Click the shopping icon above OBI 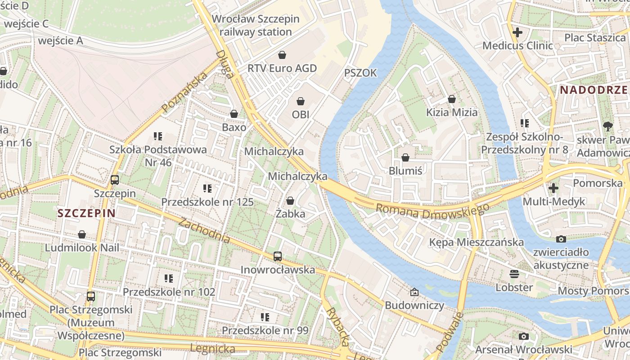point(301,101)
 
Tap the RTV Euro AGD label point(282,68)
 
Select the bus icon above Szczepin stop point(115,180)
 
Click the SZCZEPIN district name point(86,213)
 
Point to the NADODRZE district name point(594,90)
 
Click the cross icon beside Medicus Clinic point(517,32)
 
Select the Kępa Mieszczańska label point(476,242)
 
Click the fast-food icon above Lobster point(514,274)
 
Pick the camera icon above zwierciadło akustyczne point(561,239)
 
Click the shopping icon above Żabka point(290,201)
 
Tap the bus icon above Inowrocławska point(278,256)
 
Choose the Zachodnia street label point(204,230)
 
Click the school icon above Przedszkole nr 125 point(207,189)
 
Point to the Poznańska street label point(185,92)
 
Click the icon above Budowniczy point(414,292)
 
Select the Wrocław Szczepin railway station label point(255,26)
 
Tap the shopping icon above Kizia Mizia point(452,99)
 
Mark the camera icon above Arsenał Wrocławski point(523,336)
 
